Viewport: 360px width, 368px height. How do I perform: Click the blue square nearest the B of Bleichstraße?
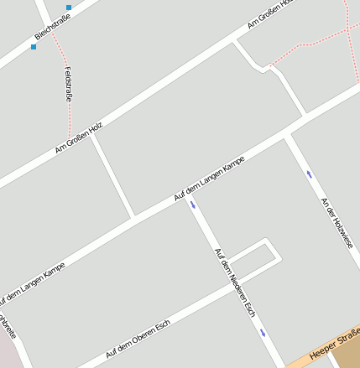pos(34,47)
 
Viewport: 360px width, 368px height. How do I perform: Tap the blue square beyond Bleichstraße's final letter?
pos(69,8)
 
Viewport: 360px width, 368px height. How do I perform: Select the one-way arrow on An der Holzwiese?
pos(310,174)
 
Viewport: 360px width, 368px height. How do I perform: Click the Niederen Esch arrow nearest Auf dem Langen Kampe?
pos(193,204)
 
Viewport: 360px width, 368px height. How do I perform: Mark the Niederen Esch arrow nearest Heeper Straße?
pos(263,333)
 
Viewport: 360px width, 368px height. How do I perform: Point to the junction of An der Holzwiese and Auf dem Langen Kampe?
pos(288,133)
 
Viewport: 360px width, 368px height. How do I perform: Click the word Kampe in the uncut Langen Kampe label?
pos(230,165)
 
